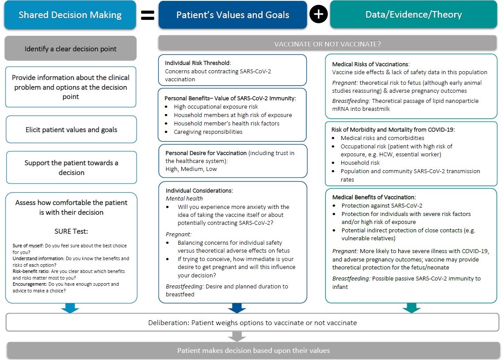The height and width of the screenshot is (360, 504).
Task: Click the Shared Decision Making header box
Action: coord(70,15)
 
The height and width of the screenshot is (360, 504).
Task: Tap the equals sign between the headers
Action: coord(147,15)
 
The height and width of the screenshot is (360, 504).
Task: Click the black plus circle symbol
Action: coord(318,15)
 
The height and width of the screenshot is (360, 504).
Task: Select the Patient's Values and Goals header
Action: coord(233,15)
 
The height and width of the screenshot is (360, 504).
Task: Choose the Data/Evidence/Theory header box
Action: coord(413,15)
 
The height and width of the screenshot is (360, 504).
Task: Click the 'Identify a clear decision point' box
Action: coord(70,49)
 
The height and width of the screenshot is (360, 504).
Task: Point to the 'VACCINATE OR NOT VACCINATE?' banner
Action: coord(328,44)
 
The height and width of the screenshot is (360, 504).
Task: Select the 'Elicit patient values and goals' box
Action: coord(71,129)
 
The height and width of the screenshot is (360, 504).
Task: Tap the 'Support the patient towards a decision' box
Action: coord(71,167)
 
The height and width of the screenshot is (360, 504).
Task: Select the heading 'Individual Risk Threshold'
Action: coord(198,63)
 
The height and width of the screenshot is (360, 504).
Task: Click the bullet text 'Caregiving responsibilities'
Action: coord(208,132)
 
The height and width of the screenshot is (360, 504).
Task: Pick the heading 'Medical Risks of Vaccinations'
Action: coord(370,64)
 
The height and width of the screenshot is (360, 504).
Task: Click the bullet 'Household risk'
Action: coord(360,163)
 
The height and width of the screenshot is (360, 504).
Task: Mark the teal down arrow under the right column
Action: coord(411,308)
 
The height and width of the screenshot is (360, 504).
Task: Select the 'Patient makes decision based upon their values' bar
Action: coord(253,351)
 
